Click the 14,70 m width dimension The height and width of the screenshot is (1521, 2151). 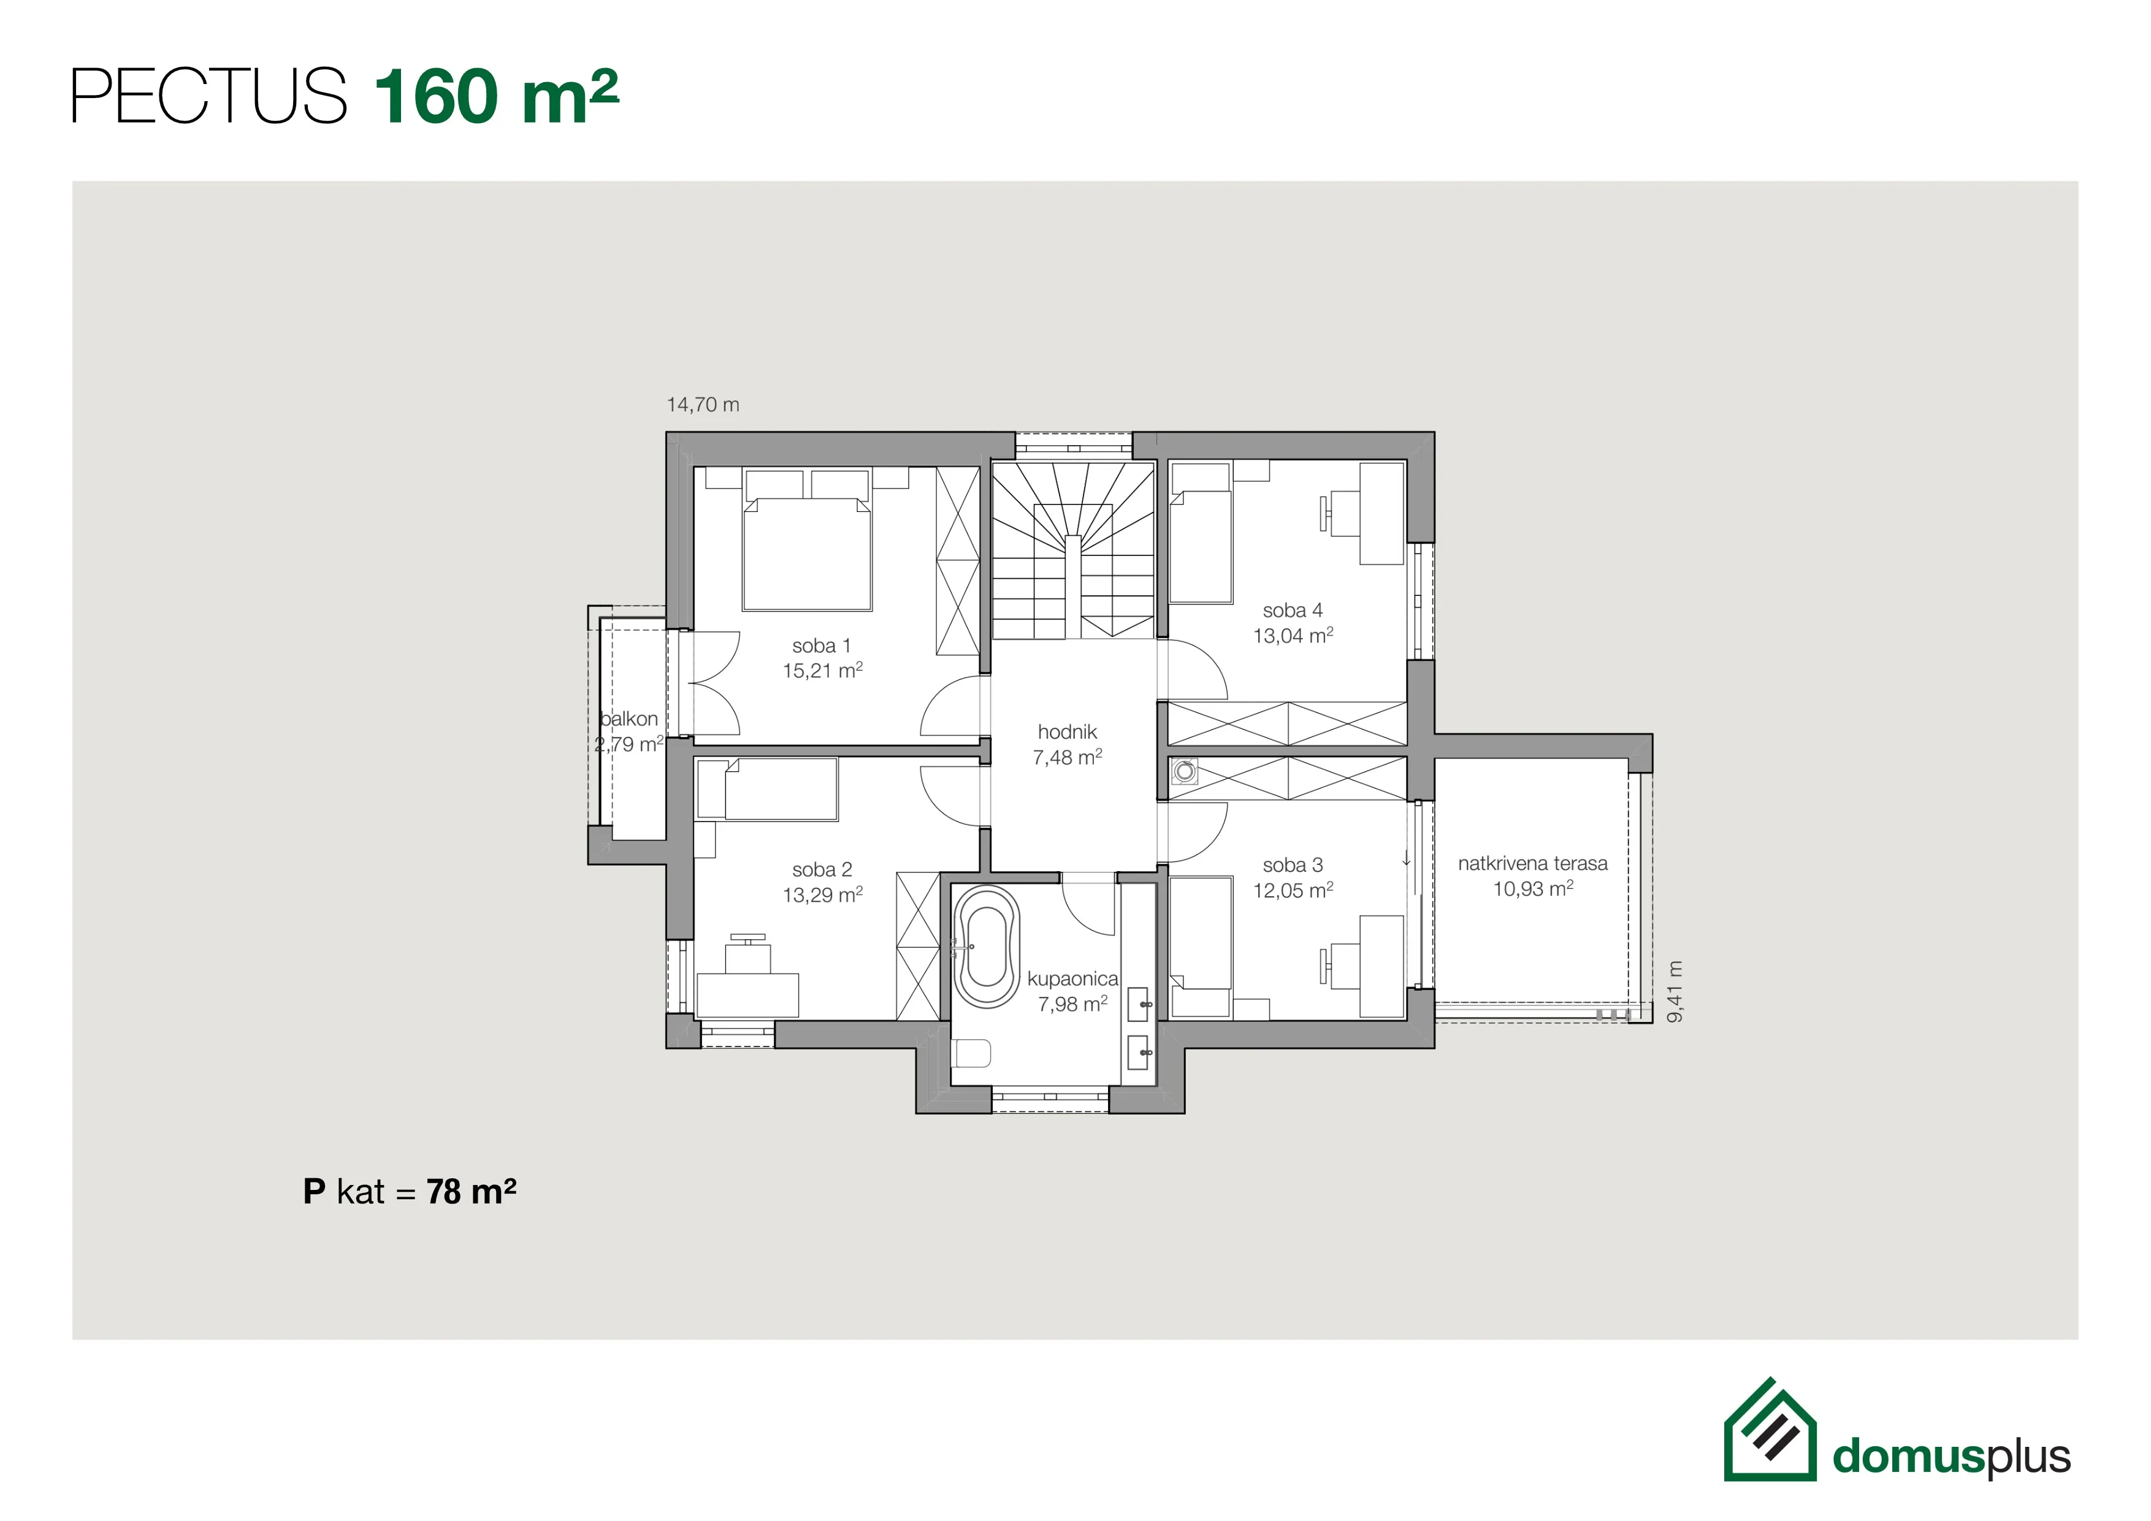(x=703, y=405)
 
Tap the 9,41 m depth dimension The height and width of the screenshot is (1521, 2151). (x=1676, y=991)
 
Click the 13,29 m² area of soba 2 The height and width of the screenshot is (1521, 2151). (x=822, y=894)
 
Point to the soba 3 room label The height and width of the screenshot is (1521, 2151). (x=1293, y=864)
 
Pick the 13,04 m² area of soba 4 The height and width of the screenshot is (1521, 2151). (x=1293, y=635)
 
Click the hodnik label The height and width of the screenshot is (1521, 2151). (x=1067, y=731)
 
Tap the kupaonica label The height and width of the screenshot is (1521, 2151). (x=1072, y=978)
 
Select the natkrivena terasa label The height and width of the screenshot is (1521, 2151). (x=1533, y=864)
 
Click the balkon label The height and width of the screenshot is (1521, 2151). (x=628, y=719)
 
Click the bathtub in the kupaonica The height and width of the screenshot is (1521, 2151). (x=987, y=947)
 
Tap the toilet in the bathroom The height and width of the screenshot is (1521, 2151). (x=971, y=1053)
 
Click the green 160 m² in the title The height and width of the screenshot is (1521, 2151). (x=497, y=96)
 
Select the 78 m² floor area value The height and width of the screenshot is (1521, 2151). (x=472, y=1191)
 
